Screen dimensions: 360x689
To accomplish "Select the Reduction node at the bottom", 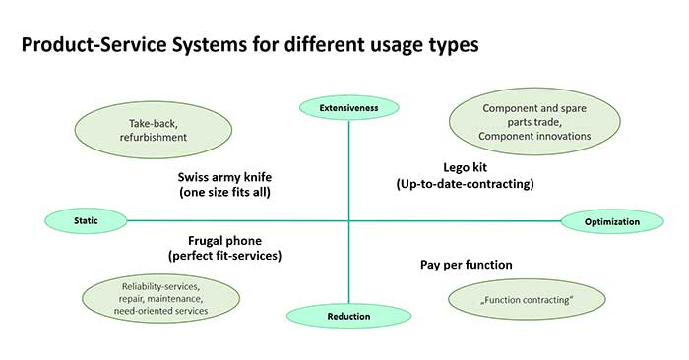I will [x=348, y=316].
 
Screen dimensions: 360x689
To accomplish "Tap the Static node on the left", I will [x=87, y=220].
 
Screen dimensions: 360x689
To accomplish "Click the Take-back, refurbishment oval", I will [x=152, y=132].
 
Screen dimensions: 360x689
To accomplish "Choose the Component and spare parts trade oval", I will [x=535, y=122].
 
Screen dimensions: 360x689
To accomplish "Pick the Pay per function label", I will [x=467, y=265].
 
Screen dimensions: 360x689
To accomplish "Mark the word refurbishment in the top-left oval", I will [x=152, y=140].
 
